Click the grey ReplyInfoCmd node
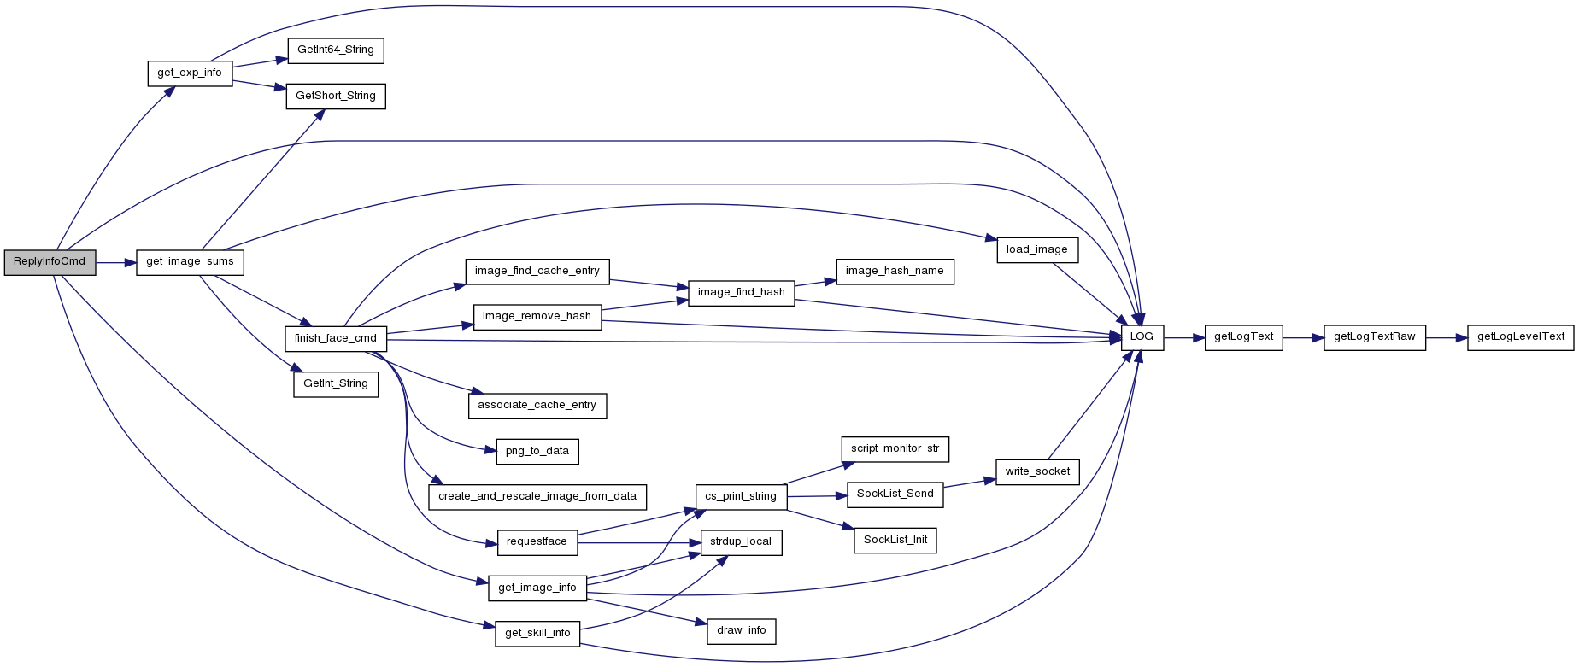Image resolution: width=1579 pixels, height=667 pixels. (50, 262)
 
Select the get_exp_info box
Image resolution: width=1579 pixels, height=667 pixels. (190, 73)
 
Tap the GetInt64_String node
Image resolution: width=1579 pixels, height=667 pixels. (336, 50)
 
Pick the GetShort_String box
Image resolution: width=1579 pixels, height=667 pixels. (336, 97)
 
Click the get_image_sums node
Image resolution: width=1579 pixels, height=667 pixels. (190, 262)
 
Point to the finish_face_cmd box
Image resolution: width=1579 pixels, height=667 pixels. (336, 339)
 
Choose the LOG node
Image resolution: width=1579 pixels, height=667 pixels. (1142, 337)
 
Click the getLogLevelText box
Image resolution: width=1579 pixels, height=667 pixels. (1521, 337)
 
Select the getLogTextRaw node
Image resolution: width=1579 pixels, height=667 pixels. (1375, 337)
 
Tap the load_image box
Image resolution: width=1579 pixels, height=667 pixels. (1037, 250)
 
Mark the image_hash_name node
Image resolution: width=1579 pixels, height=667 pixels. (895, 272)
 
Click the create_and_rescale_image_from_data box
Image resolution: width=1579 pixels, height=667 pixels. (537, 497)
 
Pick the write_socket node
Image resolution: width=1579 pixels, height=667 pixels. (1037, 472)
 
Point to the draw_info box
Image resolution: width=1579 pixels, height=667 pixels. (742, 631)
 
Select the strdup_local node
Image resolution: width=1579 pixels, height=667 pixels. (741, 542)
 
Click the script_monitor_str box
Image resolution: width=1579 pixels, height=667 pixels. (895, 449)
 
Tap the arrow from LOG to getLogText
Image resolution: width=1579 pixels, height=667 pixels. (1184, 338)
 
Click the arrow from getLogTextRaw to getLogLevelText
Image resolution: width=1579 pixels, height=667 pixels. (1447, 338)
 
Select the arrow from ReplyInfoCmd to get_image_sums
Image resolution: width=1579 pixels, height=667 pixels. (116, 263)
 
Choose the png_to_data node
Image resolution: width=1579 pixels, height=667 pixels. (537, 452)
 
